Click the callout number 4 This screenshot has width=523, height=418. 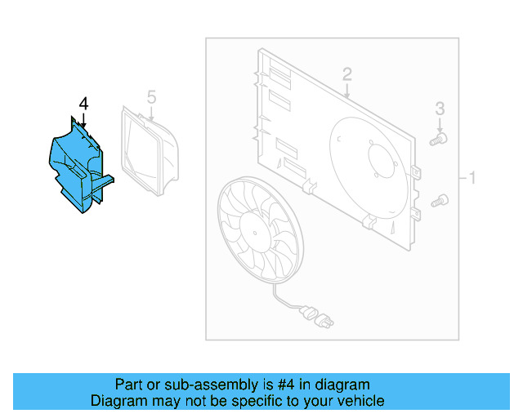click(83, 104)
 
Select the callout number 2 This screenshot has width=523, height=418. click(346, 74)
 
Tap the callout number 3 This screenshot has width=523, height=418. click(440, 108)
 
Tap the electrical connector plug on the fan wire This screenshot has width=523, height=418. click(315, 315)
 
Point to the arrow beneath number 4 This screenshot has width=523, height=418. click(83, 120)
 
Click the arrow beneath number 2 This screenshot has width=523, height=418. click(347, 92)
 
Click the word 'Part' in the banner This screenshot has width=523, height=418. click(129, 385)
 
